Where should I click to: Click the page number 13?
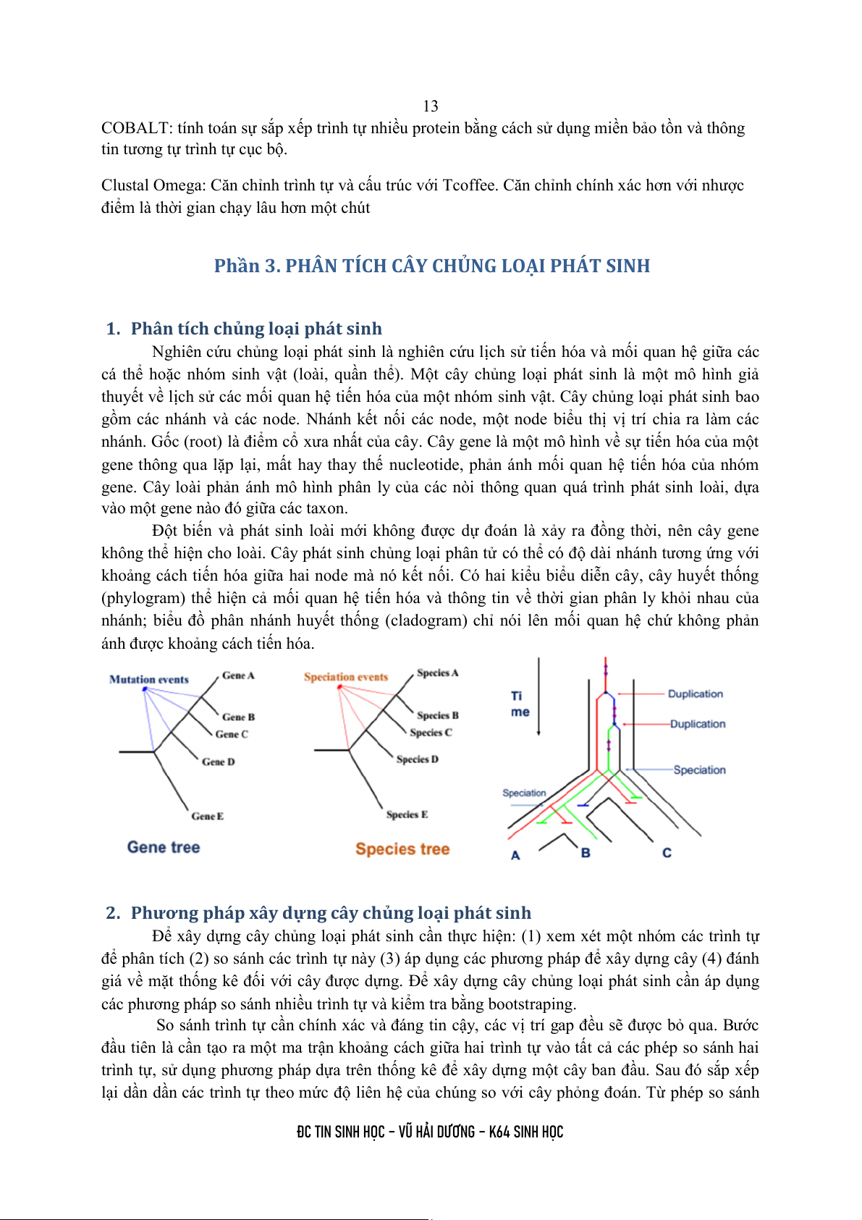click(431, 106)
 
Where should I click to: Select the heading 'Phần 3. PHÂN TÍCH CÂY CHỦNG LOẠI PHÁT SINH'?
click(431, 266)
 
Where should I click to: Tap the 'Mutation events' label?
click(149, 680)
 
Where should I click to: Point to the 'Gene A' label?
click(238, 676)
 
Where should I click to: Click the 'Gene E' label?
click(208, 816)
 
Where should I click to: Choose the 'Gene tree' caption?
click(164, 847)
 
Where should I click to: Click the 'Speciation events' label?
click(346, 677)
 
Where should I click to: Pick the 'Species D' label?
click(418, 760)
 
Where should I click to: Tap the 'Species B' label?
click(438, 715)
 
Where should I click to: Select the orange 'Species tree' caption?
click(402, 849)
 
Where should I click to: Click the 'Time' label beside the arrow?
click(520, 704)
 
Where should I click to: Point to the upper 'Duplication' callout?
click(695, 694)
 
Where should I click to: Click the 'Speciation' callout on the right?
click(699, 770)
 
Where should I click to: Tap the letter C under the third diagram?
click(667, 853)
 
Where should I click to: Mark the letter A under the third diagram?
click(515, 855)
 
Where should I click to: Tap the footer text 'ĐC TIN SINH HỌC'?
click(341, 1132)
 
